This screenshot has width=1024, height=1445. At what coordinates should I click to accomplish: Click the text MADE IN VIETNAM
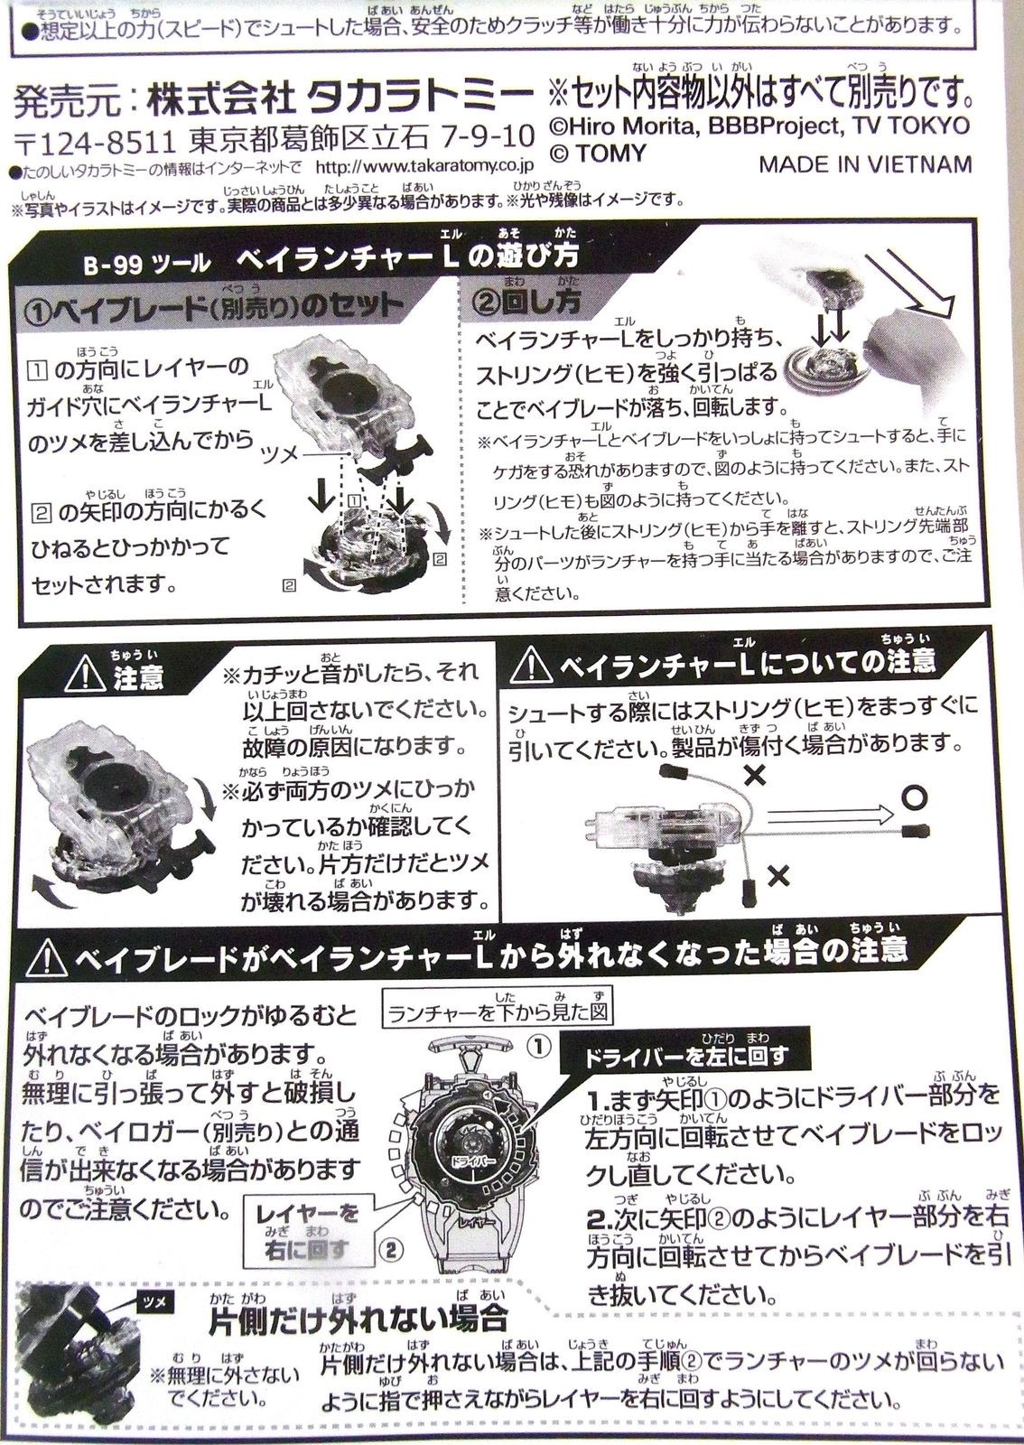pos(864,164)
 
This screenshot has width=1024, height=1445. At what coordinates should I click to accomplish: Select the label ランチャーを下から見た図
pos(496,1012)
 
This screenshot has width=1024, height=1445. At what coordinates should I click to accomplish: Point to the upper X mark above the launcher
pos(754,774)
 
